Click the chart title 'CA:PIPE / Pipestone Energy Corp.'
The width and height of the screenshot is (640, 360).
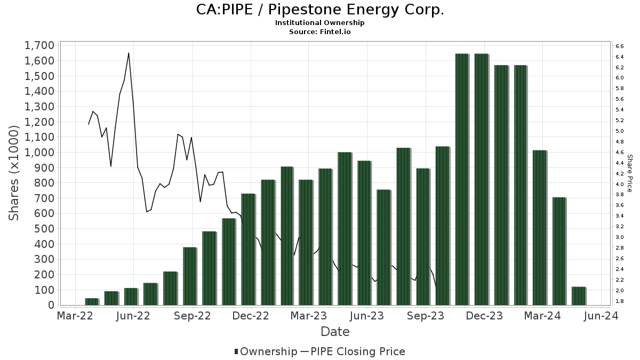point(319,10)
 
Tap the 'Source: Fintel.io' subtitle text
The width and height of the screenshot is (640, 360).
point(319,32)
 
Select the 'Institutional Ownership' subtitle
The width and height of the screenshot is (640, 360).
point(319,23)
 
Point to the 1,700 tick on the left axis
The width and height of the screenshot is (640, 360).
point(39,45)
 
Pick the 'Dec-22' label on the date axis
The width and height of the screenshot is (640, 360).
point(251,316)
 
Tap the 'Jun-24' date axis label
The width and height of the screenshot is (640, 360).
point(601,316)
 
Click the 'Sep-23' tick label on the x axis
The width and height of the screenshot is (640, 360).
point(426,316)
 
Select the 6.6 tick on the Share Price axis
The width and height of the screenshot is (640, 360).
point(619,46)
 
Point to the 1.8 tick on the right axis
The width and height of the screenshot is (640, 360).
point(619,301)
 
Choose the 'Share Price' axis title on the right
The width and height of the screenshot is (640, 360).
point(629,173)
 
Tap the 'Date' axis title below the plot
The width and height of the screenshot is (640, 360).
point(335,332)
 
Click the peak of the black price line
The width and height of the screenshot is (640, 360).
point(129,53)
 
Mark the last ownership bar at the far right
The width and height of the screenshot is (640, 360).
point(579,296)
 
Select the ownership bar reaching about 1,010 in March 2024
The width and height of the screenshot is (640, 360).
point(539,228)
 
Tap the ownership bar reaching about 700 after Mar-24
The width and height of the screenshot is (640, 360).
point(559,251)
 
